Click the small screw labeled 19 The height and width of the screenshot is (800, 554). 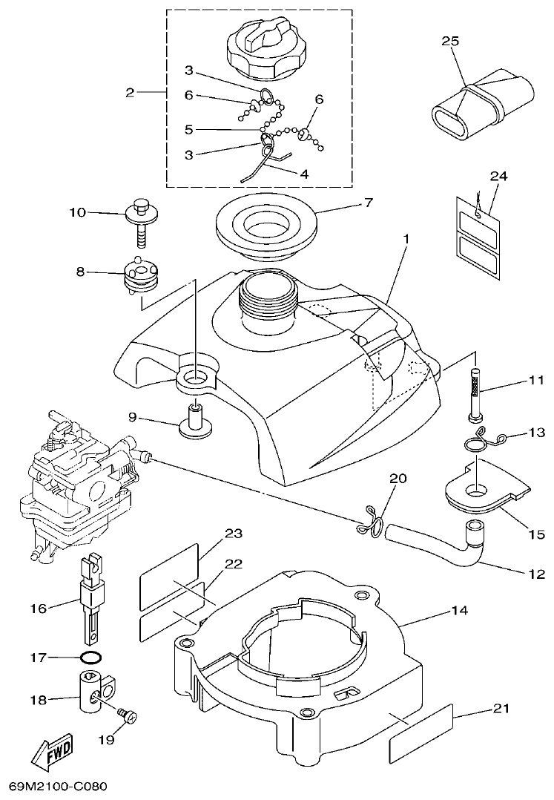pos(128,716)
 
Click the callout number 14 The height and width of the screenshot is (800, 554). pos(459,612)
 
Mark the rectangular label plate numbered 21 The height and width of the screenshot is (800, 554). pos(421,731)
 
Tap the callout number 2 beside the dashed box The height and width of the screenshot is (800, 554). pos(131,93)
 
